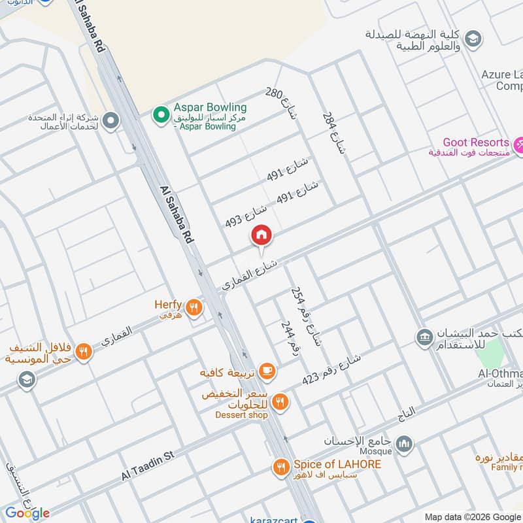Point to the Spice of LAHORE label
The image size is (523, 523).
337,464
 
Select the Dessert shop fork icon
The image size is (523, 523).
280,403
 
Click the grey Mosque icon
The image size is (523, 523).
405,445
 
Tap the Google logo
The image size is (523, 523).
27,513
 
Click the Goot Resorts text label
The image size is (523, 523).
475,142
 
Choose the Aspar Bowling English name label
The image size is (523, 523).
210,107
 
